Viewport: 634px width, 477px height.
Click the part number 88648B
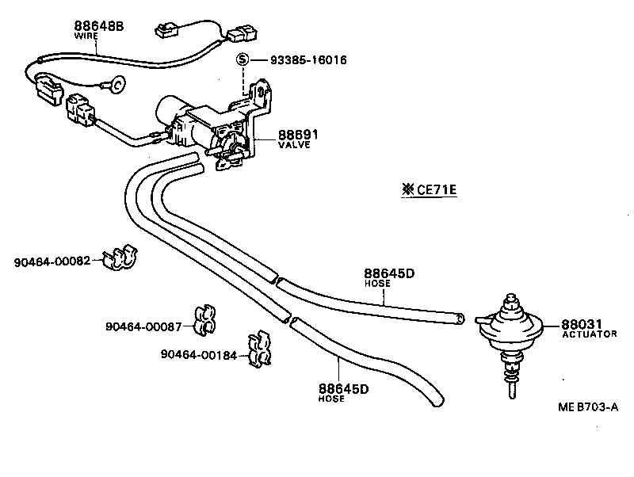coord(99,26)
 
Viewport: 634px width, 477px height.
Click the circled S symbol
coord(243,60)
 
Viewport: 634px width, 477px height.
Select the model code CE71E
coord(433,189)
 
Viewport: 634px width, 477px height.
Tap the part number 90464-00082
coord(52,261)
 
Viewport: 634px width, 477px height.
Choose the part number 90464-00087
coord(144,326)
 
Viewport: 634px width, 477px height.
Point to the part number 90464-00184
coord(198,354)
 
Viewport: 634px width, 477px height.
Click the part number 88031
coord(582,324)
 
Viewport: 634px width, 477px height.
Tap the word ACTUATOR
coord(589,334)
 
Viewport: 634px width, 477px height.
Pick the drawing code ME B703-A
coord(587,406)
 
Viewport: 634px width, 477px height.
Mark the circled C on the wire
coord(116,82)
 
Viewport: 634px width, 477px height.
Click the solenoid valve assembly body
coord(198,123)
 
